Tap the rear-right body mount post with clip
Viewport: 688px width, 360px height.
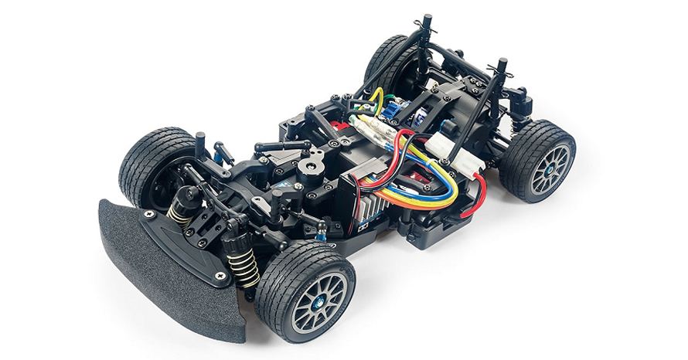501,76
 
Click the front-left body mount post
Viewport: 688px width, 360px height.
200,144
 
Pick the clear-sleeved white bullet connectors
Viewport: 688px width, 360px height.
371,128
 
